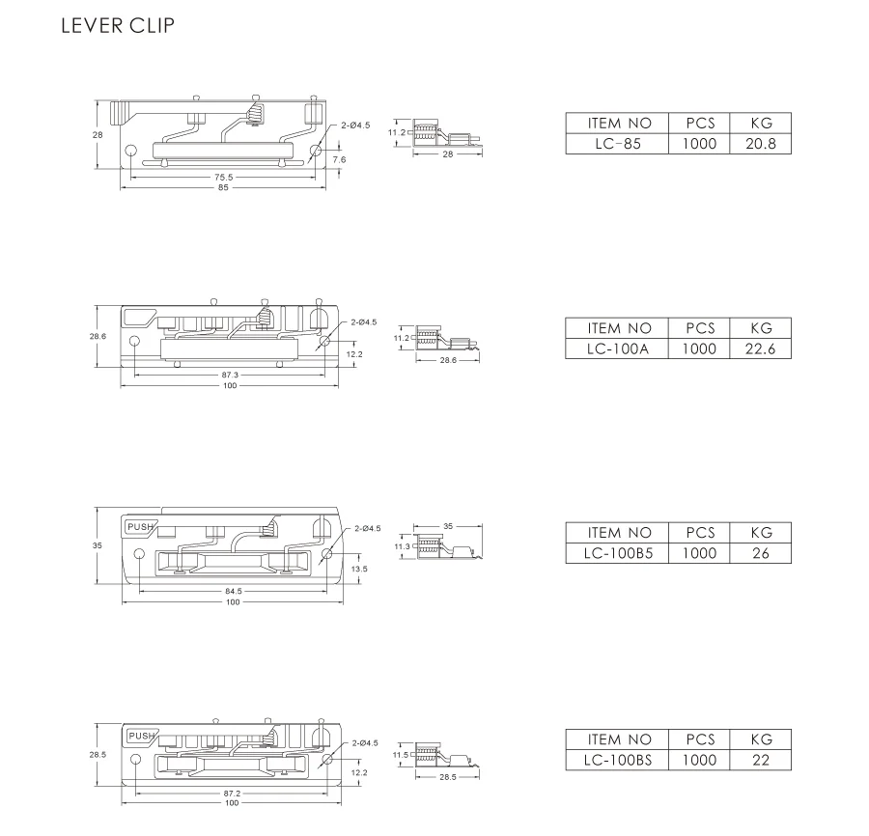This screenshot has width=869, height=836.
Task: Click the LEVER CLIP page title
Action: pos(118,26)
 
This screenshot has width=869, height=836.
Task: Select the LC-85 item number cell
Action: pos(619,144)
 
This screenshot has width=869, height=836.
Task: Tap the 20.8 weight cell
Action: pos(761,144)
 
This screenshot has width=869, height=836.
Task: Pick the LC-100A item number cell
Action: pos(619,348)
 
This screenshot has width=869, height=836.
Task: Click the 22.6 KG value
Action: pos(761,348)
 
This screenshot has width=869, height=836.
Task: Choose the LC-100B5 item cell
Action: pos(619,553)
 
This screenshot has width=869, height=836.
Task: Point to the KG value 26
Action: pos(761,553)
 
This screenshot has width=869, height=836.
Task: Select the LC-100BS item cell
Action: pos(619,760)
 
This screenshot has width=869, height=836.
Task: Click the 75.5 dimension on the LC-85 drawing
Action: pos(224,178)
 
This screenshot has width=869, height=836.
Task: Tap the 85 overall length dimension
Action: pos(224,187)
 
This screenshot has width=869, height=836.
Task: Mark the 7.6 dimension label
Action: pos(339,158)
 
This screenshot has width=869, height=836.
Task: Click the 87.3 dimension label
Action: pos(230,375)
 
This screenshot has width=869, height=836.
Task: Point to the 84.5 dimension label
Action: pos(233,591)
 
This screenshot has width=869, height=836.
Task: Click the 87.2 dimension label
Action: pos(232,793)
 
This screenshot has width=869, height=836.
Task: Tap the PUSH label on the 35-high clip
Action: pos(139,526)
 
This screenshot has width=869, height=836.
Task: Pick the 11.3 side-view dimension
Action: pos(401,546)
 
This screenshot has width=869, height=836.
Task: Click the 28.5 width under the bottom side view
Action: pos(448,776)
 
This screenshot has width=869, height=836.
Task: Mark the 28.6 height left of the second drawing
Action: pos(98,336)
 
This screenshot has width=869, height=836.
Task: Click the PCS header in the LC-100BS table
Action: pos(700,738)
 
